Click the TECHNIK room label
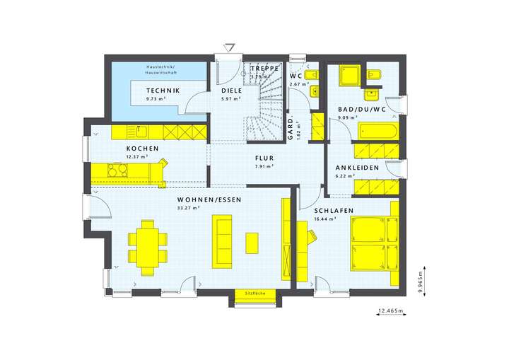tap(163, 91)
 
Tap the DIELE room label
tap(231, 91)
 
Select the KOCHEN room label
tap(141, 149)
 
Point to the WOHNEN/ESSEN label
tap(209, 201)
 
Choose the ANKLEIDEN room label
tap(357, 168)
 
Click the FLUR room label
tap(264, 158)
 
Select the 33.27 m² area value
tap(189, 209)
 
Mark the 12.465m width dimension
tap(390, 310)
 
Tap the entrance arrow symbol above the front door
tap(230, 47)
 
